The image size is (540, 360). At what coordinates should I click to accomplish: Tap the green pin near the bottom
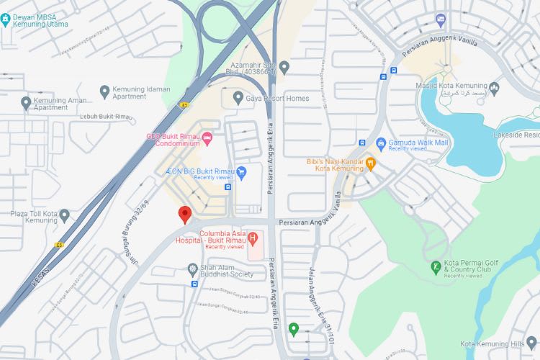tap(293, 330)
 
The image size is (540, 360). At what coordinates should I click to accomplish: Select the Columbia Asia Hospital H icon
tap(253, 237)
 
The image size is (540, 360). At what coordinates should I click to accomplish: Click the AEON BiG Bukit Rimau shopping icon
tap(242, 171)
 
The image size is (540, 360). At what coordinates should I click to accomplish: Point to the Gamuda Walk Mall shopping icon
tap(382, 143)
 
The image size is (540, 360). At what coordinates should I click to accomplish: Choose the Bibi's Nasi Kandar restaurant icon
tap(371, 163)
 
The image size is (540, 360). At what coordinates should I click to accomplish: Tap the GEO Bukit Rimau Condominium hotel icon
tap(207, 138)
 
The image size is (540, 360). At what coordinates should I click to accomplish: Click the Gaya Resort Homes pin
tap(238, 97)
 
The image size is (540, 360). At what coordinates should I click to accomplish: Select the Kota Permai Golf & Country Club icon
tap(436, 269)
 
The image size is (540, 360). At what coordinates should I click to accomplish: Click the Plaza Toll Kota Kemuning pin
tap(65, 215)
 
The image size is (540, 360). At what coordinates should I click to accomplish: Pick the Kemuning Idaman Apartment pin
tap(104, 91)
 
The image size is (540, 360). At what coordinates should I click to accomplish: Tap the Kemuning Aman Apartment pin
tap(27, 102)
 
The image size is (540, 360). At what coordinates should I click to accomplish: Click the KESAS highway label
tap(42, 274)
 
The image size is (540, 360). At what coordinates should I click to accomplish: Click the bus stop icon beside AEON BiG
tap(228, 187)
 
